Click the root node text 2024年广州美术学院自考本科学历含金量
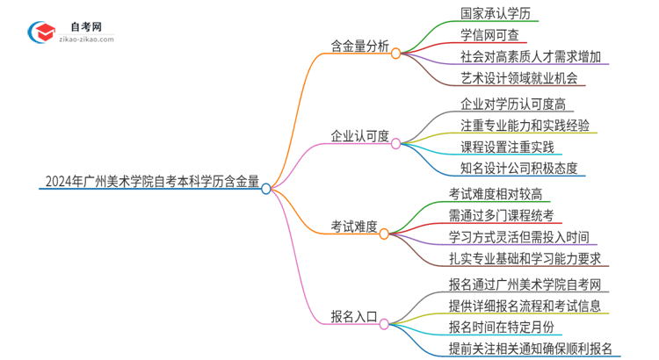(x=151, y=184)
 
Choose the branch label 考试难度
(x=353, y=227)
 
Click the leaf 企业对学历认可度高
(x=511, y=104)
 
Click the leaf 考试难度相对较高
(x=501, y=193)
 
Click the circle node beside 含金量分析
(x=396, y=53)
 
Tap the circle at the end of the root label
(x=266, y=188)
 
